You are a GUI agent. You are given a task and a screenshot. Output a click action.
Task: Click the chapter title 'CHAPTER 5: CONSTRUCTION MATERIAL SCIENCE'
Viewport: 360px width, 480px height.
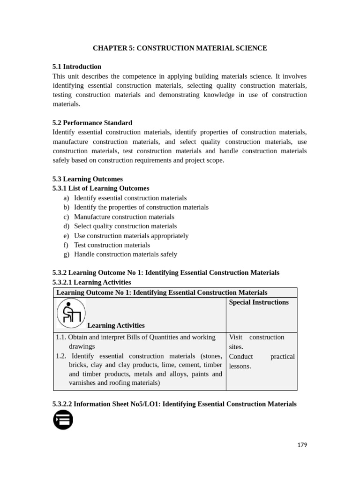180,48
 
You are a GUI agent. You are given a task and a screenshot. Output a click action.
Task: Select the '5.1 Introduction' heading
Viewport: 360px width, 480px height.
77,67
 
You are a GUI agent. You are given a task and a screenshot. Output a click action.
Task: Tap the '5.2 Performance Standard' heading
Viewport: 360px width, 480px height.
92,123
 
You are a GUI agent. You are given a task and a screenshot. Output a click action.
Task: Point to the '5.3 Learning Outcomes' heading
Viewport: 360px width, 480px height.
88,179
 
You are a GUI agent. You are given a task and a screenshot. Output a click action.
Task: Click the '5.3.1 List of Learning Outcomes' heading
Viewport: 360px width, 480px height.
101,188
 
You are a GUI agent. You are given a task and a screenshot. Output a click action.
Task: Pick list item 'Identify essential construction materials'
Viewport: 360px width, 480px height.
130,198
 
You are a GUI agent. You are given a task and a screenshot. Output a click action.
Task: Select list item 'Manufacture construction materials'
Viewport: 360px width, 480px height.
124,217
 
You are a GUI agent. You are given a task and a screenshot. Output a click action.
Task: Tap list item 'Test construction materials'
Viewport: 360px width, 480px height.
112,245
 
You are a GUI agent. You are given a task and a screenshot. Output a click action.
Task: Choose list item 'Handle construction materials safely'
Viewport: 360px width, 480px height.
126,254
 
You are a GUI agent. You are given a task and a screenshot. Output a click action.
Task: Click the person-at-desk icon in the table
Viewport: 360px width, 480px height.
71,313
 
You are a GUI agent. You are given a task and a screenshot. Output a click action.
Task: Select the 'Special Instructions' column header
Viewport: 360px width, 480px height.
259,302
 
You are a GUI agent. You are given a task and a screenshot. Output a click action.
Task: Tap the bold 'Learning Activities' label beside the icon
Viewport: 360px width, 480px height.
116,325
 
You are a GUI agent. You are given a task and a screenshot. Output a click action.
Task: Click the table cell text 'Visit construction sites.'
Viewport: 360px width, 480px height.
256,342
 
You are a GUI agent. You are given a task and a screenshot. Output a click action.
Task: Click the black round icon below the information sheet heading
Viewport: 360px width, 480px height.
63,420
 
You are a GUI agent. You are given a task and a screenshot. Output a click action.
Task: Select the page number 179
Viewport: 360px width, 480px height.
302,445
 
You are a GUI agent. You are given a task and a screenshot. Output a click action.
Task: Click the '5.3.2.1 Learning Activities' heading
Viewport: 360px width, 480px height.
92,282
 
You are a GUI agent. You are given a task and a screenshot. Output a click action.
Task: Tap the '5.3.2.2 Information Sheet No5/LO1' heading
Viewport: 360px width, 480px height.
174,404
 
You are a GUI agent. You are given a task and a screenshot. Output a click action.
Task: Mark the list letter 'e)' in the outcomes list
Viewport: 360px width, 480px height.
66,235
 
